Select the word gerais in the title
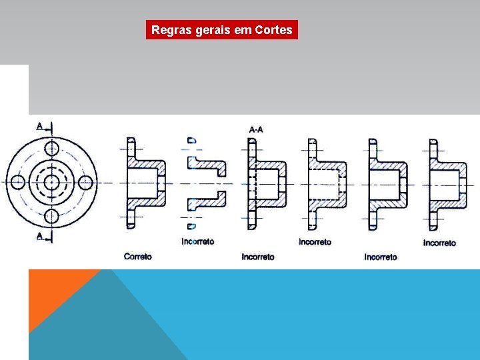tap(210, 30)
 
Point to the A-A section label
tap(255, 129)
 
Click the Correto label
tap(138, 256)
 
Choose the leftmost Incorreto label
tap(198, 241)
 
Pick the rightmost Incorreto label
tap(439, 243)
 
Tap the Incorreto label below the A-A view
tap(258, 256)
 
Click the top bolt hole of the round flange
tap(51, 148)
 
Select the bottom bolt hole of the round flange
tap(51, 215)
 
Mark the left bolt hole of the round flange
tap(18, 182)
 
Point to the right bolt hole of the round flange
tap(84, 182)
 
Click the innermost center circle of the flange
tap(51, 182)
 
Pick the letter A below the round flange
tap(40, 236)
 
